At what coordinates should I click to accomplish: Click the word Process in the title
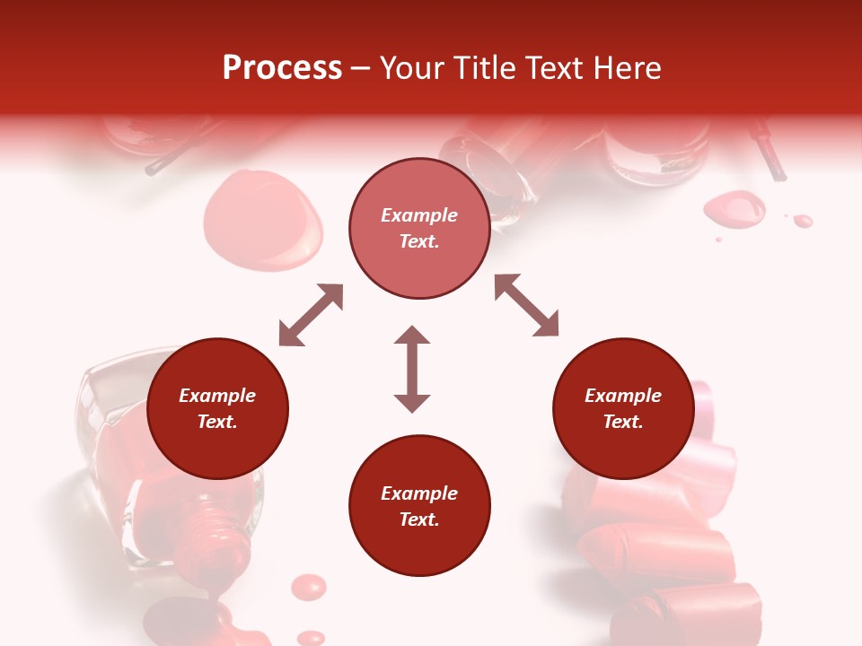[282, 68]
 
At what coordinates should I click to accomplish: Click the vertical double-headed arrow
[412, 369]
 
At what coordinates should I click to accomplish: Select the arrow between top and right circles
[527, 306]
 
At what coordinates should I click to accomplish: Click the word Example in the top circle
[419, 215]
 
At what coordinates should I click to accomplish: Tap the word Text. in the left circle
[217, 422]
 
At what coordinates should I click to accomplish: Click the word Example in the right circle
[623, 396]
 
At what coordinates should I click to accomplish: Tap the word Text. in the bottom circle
[419, 519]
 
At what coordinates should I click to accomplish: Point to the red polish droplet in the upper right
[734, 208]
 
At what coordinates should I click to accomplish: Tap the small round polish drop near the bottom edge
[310, 586]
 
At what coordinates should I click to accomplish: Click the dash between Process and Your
[361, 68]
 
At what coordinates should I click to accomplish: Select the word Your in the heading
[412, 68]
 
